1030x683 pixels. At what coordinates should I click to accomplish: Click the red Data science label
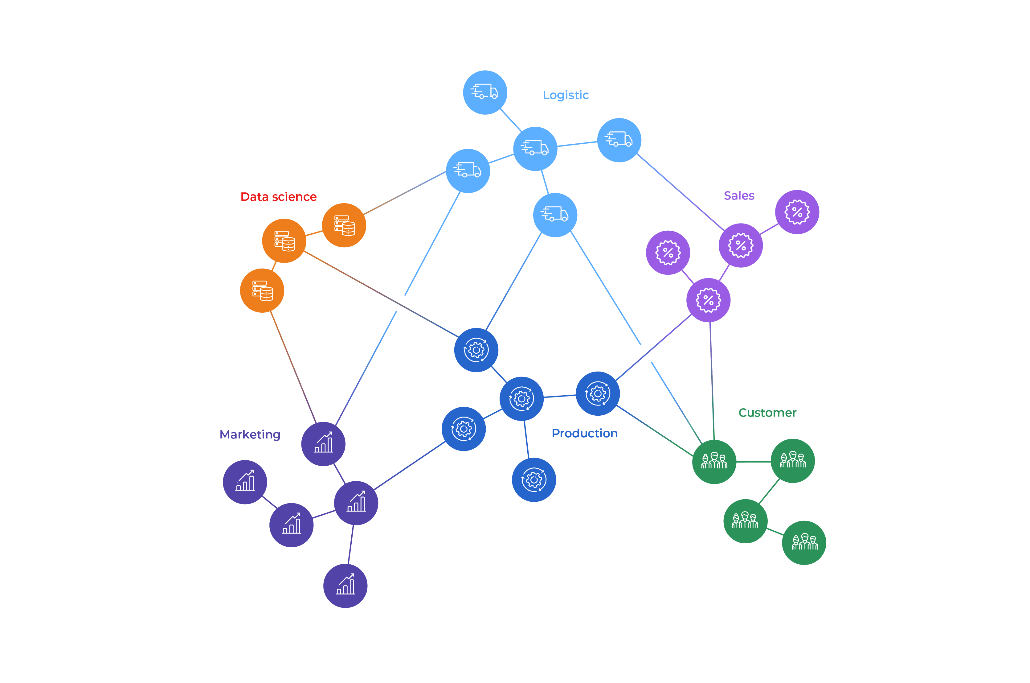(x=278, y=197)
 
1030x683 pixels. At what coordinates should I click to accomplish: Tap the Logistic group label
(x=566, y=95)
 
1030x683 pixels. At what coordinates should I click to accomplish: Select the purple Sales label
(x=739, y=195)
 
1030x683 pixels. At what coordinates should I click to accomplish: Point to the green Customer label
(x=767, y=413)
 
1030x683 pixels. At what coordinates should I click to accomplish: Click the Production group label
(x=584, y=433)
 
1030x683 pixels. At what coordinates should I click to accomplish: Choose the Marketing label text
(x=250, y=434)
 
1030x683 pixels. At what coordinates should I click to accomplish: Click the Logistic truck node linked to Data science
(x=468, y=171)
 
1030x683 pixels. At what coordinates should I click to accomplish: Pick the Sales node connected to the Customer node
(x=708, y=300)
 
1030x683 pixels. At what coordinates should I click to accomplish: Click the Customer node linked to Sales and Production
(x=714, y=461)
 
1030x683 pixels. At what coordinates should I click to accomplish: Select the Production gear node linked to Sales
(x=597, y=393)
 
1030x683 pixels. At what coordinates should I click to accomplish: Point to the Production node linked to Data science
(x=476, y=350)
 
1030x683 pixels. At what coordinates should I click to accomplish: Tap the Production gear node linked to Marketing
(x=463, y=429)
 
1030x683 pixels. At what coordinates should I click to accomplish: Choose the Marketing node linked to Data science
(x=323, y=443)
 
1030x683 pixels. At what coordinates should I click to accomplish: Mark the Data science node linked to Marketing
(x=262, y=290)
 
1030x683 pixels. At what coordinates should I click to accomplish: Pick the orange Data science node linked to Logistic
(x=344, y=225)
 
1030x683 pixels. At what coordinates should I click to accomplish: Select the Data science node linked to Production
(x=284, y=241)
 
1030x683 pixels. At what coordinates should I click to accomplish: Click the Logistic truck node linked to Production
(x=555, y=215)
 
